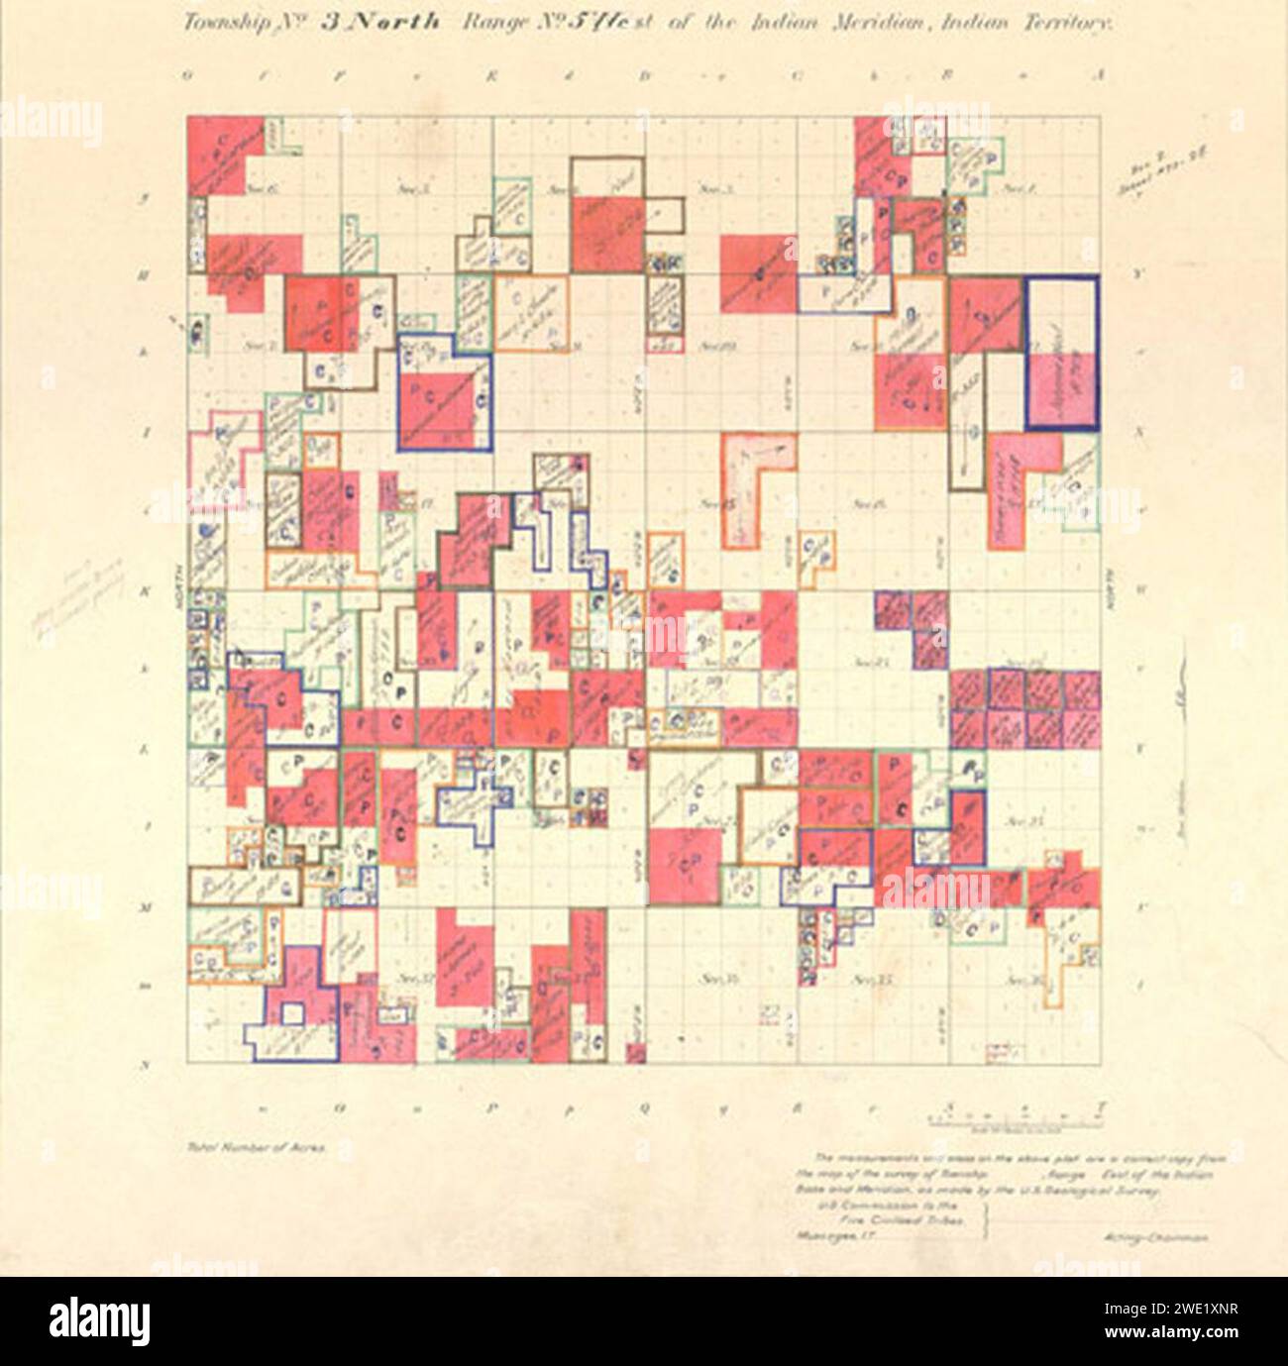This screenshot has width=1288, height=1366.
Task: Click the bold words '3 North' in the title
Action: pos(378,23)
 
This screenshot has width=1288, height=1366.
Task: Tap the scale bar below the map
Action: pos(1015,1119)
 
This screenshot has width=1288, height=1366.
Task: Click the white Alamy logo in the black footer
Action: pos(98,1320)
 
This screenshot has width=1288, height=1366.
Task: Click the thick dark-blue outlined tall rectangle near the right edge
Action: pos(1061,353)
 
